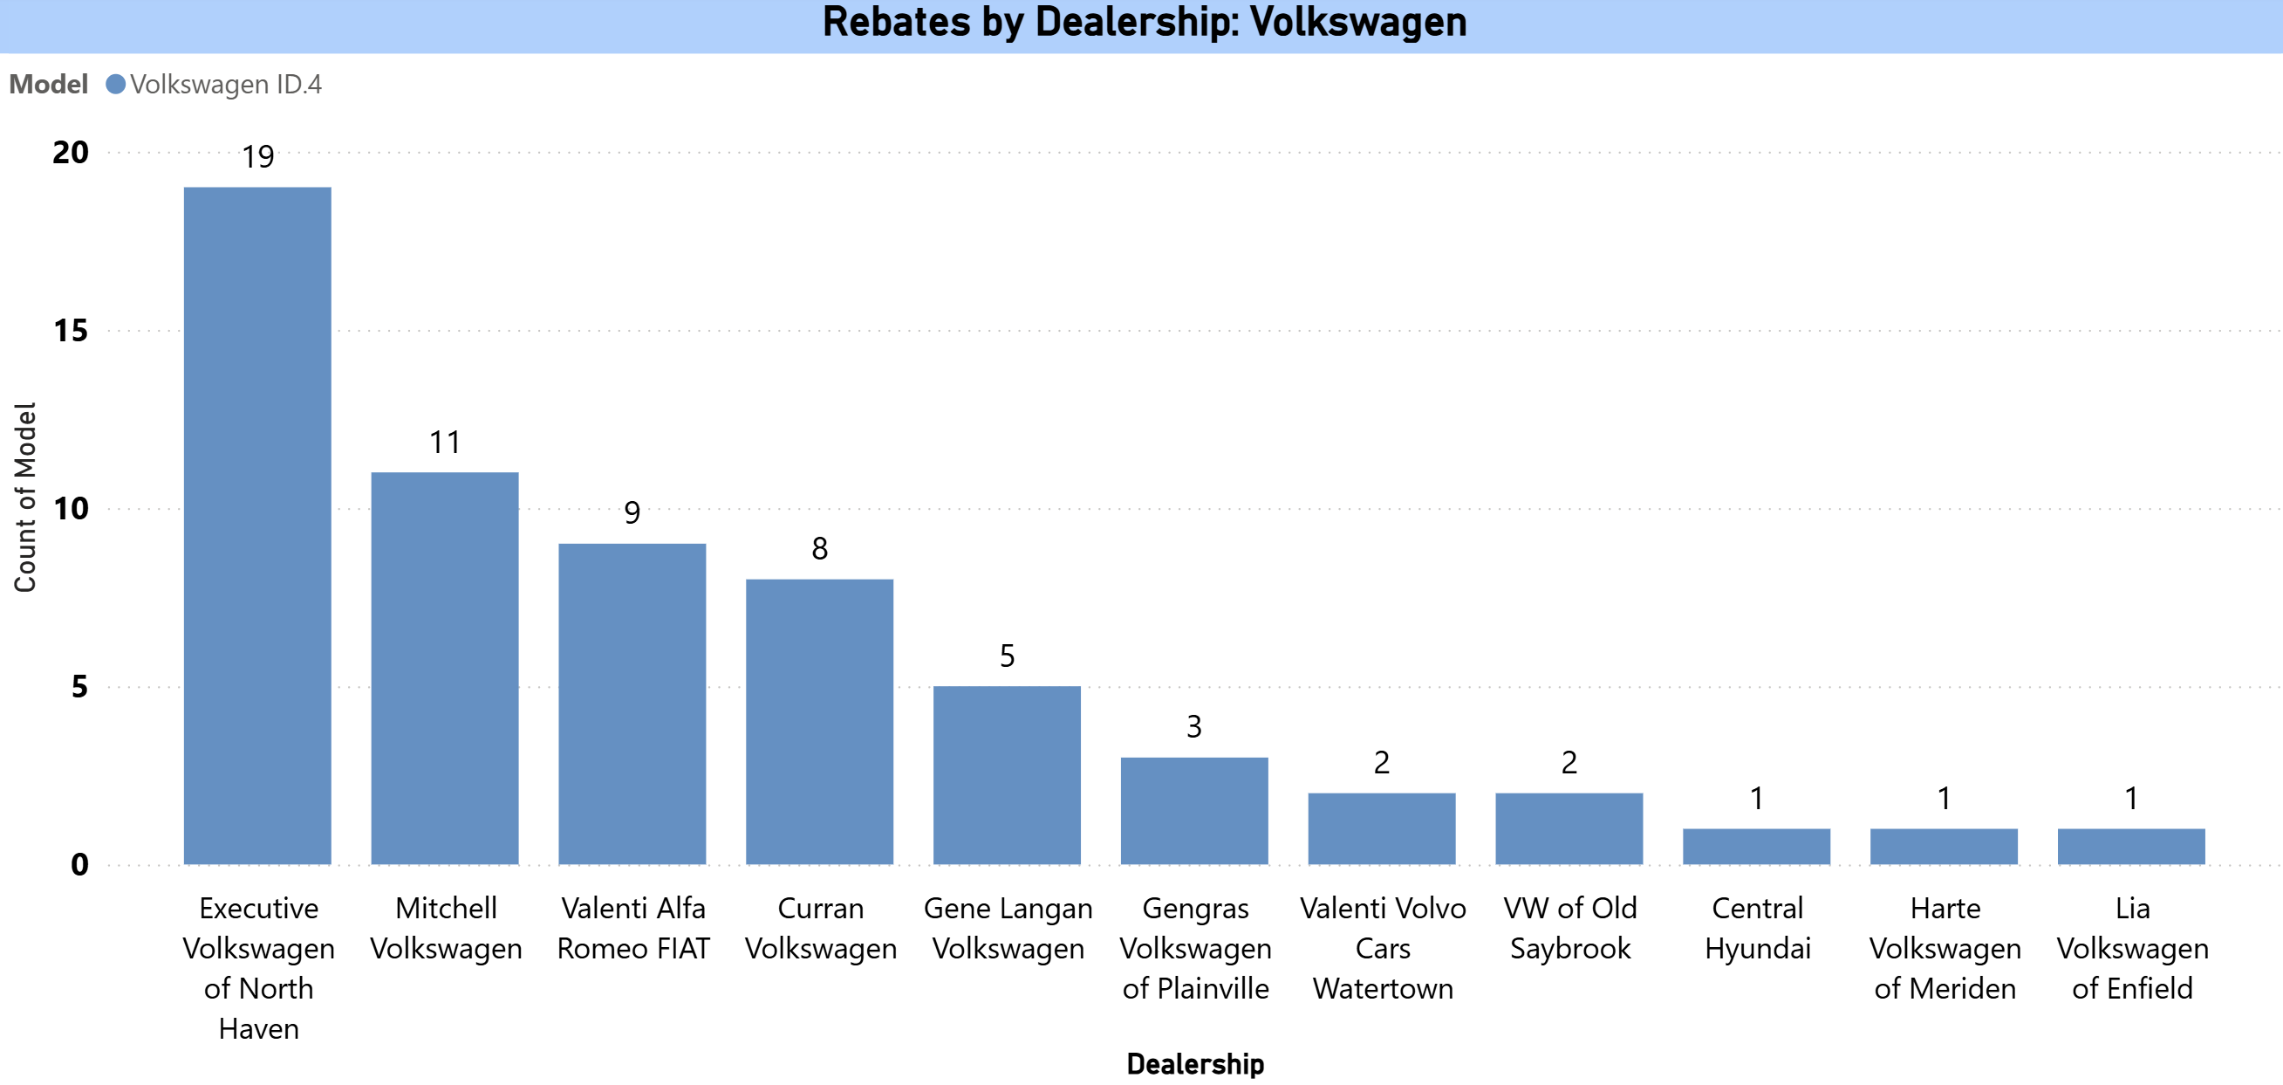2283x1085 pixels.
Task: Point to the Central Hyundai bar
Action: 1756,846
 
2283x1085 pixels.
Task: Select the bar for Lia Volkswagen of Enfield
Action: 2130,846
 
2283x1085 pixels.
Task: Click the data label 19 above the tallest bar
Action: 258,157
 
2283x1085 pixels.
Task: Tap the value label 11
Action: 445,443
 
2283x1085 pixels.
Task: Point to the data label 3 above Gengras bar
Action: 1193,727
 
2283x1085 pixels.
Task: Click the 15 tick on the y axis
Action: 71,331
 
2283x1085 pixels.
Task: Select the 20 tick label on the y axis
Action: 71,153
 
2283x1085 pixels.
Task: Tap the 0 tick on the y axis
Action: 79,864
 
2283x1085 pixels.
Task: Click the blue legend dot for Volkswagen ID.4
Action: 115,84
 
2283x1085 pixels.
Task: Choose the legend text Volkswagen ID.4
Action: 225,84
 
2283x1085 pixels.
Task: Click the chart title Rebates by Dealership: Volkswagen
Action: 1145,22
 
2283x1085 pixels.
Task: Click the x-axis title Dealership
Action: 1194,1063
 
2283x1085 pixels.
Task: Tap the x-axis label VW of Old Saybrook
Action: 1569,928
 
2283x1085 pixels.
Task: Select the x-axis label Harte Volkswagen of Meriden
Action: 1945,948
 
